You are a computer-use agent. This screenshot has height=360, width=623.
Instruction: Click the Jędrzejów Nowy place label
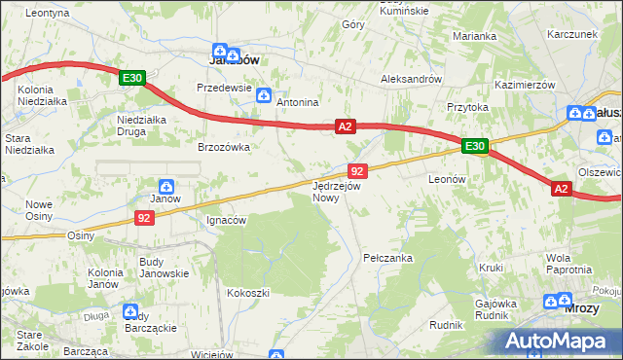[337, 191]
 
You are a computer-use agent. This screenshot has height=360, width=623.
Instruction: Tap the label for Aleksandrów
[412, 79]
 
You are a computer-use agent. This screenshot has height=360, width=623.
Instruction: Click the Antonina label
[298, 102]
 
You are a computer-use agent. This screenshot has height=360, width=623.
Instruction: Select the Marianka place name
[475, 36]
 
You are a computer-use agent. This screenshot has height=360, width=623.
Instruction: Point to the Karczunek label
[571, 34]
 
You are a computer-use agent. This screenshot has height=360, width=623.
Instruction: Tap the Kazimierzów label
[525, 85]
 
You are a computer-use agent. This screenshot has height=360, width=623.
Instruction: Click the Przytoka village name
[466, 108]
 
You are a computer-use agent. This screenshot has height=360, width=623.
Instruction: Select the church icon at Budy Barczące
[130, 311]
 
